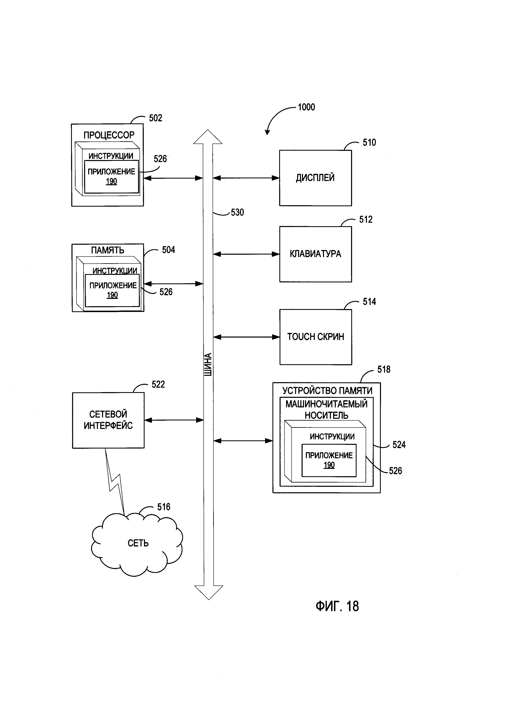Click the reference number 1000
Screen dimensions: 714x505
pos(306,107)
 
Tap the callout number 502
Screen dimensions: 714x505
pos(156,118)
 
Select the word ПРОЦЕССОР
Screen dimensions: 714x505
pos(109,135)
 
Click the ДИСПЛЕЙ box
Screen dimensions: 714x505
pos(315,178)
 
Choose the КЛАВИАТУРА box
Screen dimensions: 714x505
pos(315,254)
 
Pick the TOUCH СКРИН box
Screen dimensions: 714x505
pos(316,337)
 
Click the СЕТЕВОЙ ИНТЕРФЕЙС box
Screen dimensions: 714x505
pos(108,420)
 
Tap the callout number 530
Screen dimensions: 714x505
pos(237,213)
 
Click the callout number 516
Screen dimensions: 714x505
pos(164,507)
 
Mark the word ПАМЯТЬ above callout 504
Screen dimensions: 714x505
pos(108,250)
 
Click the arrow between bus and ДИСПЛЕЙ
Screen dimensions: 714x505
pos(246,178)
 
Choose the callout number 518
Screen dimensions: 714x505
pos(384,370)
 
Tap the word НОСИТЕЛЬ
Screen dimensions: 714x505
pos(326,416)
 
